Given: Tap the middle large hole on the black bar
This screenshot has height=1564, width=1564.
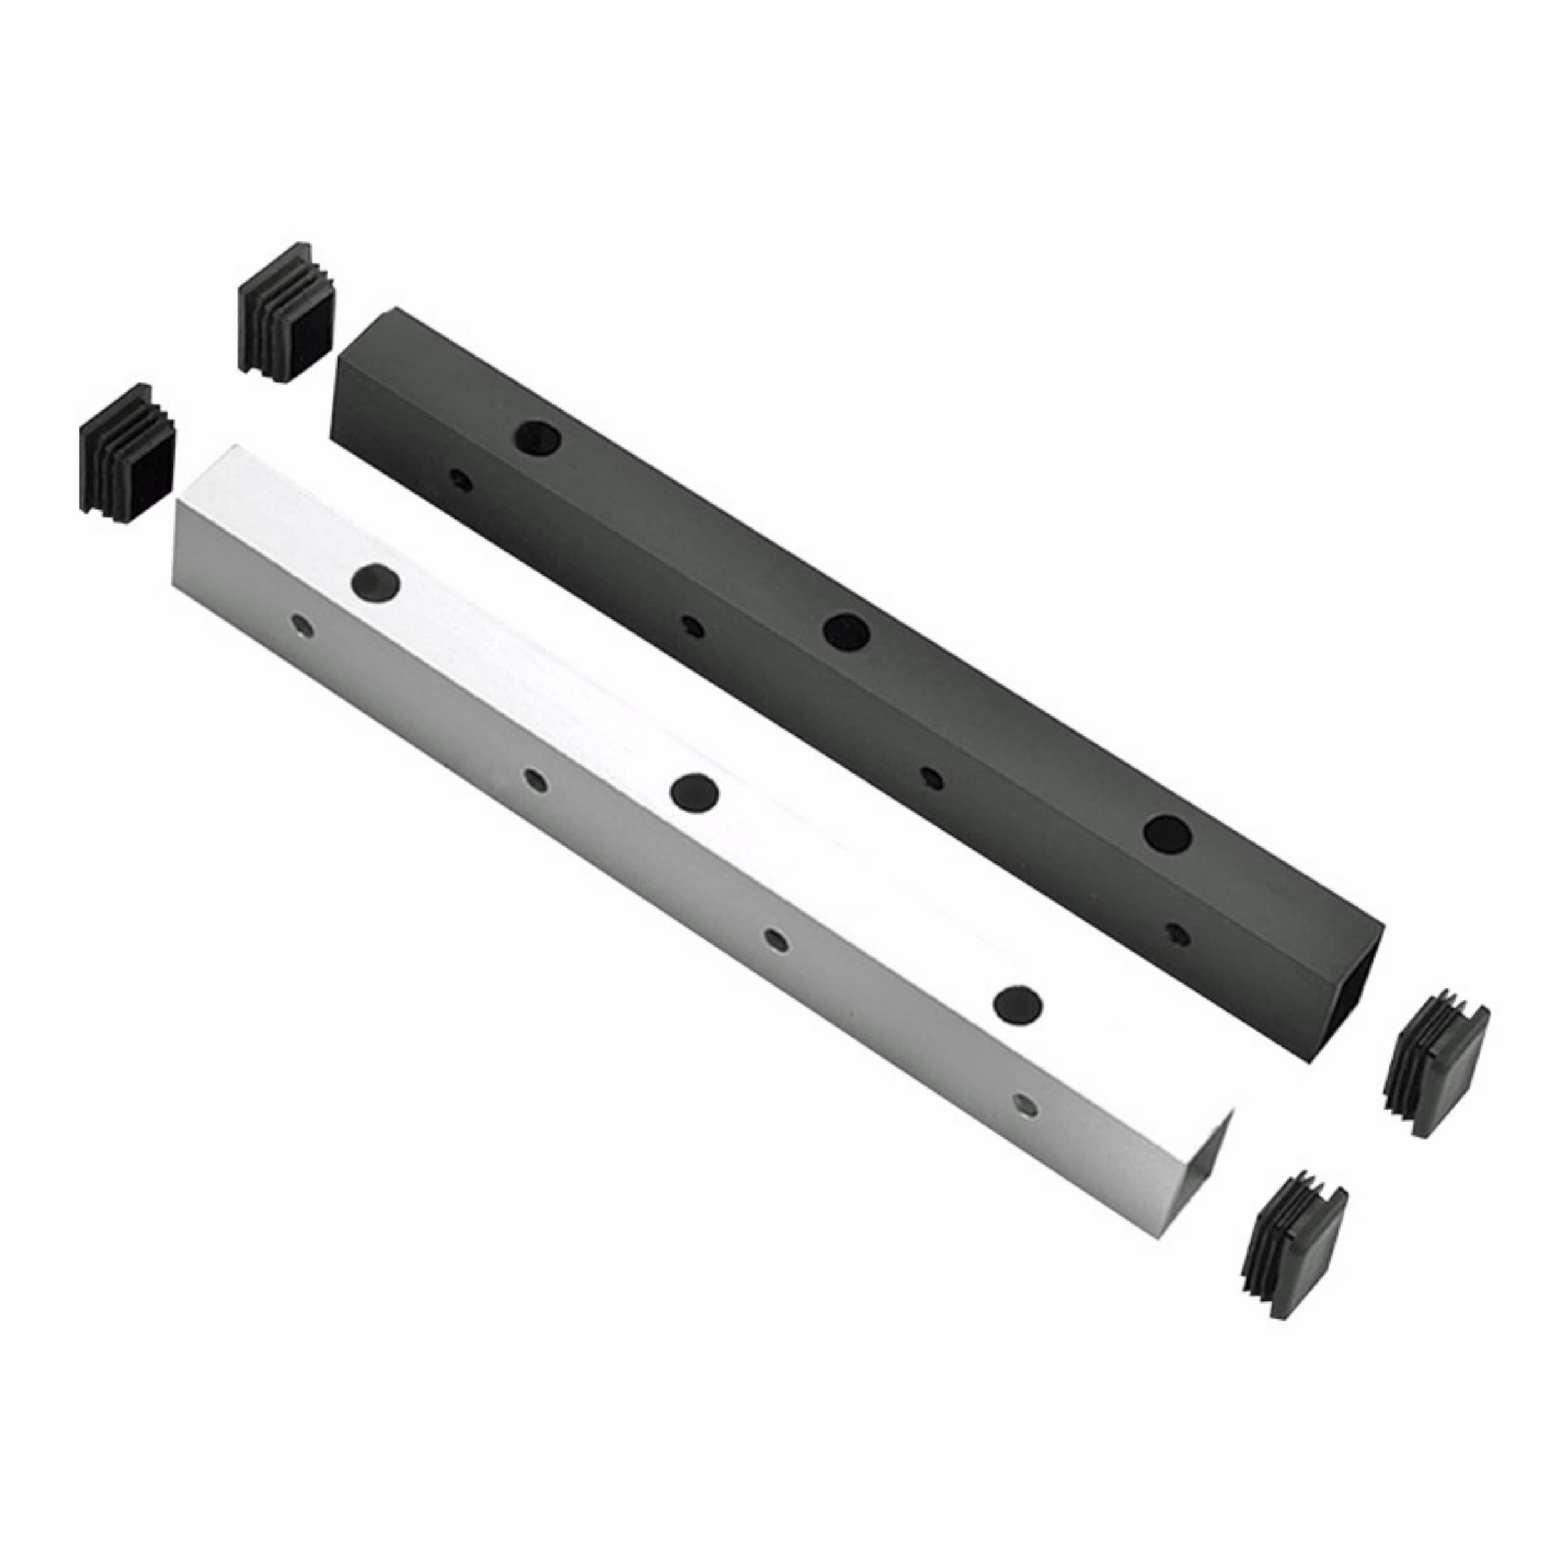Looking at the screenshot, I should tap(846, 630).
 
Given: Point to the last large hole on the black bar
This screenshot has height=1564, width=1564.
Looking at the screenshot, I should tap(1167, 832).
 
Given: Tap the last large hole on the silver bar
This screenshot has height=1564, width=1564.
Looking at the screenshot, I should tap(1018, 1003).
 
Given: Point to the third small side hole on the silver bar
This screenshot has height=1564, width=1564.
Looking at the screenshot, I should tap(776, 939).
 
